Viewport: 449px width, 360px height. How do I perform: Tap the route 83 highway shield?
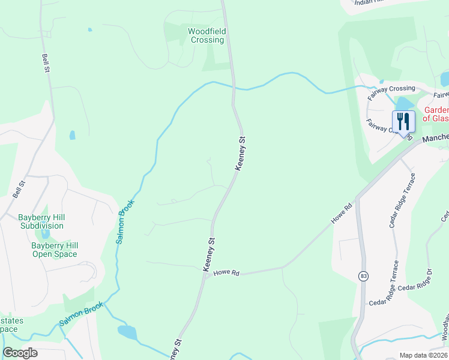tap(364, 276)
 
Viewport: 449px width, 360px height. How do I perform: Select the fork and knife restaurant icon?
tap(403, 122)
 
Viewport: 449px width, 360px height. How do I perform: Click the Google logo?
tap(20, 352)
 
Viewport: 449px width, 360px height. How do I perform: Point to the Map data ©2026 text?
tap(423, 355)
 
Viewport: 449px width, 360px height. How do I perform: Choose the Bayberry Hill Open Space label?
tap(55, 250)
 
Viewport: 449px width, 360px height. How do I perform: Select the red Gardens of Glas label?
tap(436, 114)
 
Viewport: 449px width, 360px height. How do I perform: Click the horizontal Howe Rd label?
tap(226, 273)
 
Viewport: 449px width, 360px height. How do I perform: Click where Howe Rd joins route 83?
tap(358, 197)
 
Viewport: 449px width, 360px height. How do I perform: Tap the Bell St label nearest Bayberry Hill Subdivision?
tap(18, 190)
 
